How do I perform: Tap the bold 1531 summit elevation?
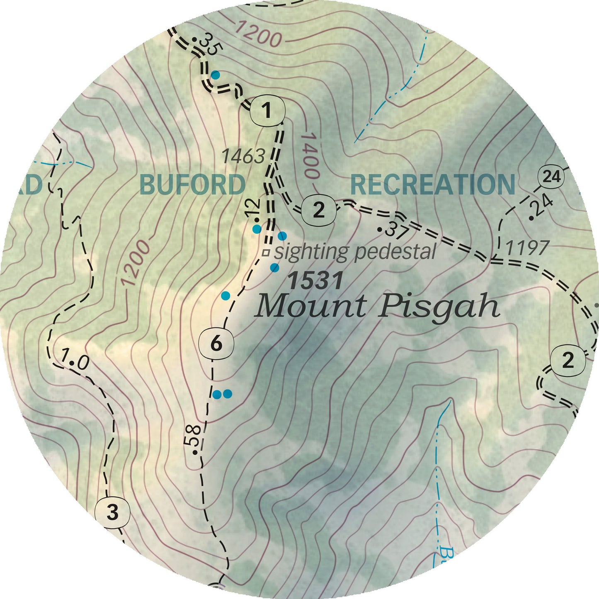315,281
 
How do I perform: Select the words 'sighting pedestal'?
355,252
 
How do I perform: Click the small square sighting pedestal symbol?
267,252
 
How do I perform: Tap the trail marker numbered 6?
216,344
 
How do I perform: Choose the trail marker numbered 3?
112,512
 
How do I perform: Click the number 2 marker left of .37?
318,210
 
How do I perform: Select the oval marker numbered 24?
551,177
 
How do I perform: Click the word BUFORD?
192,184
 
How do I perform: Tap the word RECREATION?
433,184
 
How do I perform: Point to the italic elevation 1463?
243,157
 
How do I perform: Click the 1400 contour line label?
310,156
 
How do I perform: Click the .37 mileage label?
394,230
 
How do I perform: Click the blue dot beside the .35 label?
215,75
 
